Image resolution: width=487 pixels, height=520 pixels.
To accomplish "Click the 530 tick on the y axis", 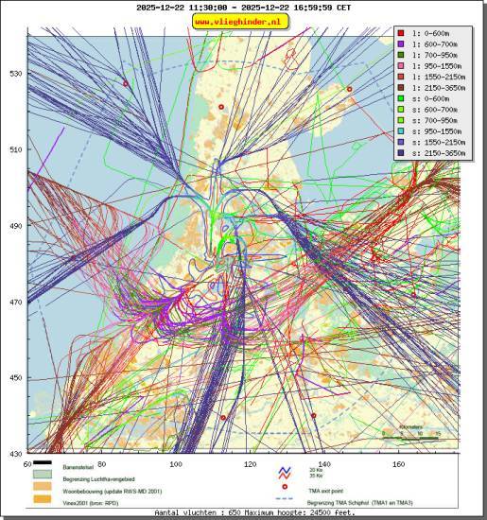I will click(14, 73).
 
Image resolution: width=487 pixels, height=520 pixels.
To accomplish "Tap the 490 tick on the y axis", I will click(14, 226).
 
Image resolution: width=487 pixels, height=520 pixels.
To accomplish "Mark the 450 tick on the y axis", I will click(14, 378).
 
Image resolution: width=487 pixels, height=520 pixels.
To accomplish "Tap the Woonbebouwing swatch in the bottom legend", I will click(43, 490).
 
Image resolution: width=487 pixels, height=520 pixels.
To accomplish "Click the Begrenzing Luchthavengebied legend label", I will click(105, 479).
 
